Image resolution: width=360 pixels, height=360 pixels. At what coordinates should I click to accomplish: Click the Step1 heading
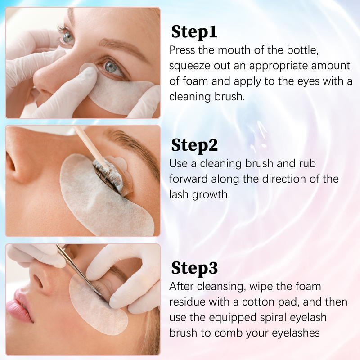(194, 32)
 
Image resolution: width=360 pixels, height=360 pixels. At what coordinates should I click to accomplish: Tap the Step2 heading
(194, 145)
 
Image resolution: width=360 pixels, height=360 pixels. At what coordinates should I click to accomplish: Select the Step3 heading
(194, 268)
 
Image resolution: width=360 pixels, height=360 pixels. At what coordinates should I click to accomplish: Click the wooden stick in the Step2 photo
(91, 145)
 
